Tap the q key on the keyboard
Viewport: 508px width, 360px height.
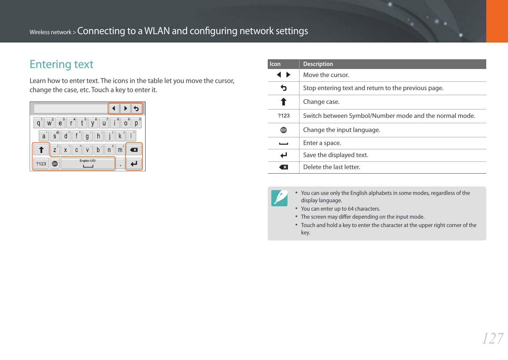click(38, 123)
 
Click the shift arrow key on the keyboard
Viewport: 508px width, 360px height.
click(41, 150)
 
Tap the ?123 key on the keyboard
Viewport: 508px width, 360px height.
click(41, 164)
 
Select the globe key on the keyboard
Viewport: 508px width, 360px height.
click(55, 164)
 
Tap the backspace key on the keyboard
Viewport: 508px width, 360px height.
click(134, 150)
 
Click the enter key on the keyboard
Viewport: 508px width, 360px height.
click(134, 164)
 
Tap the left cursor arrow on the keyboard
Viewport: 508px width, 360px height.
click(114, 109)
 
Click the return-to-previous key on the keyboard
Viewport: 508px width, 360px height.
click(136, 109)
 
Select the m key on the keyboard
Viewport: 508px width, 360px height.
click(120, 150)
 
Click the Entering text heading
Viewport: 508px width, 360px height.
click(62, 64)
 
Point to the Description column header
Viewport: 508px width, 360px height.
click(318, 64)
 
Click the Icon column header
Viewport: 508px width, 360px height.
click(275, 64)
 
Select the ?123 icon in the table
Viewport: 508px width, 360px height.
click(283, 116)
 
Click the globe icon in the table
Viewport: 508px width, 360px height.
click(283, 130)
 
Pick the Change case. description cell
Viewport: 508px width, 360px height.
click(321, 102)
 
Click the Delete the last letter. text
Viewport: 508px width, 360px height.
click(332, 167)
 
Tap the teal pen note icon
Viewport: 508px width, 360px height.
click(279, 198)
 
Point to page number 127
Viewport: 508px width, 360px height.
click(492, 339)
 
